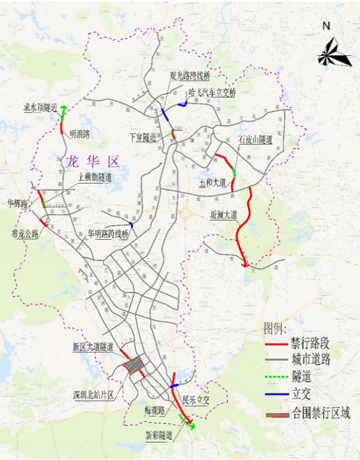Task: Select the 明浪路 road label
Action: [79, 134]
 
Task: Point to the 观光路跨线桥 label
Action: [190, 77]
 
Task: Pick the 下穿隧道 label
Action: [143, 137]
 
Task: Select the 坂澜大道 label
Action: [224, 214]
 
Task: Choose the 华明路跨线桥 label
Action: [108, 233]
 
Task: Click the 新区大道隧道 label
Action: [93, 346]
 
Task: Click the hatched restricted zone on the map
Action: [133, 365]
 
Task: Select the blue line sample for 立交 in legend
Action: [275, 394]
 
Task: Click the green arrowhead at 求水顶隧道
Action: [63, 108]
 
